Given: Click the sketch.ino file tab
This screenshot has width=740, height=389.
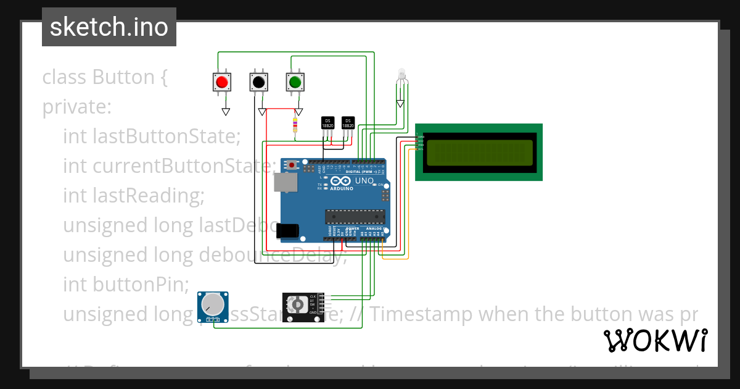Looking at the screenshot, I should coord(109,27).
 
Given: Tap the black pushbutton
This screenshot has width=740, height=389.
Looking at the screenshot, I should coord(258,82).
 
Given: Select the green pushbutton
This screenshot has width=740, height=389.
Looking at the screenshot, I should coord(295,82).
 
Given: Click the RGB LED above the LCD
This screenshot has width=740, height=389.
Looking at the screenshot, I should coord(401,75).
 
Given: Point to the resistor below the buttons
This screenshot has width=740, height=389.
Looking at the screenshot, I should coord(295,125).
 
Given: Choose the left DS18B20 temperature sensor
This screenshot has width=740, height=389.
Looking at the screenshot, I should coord(328,123).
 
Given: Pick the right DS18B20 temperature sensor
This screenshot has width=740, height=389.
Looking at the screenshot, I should coord(348,123).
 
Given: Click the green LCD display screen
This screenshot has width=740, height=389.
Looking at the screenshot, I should coord(479,153).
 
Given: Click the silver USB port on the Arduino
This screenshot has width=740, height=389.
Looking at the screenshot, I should coord(284,182).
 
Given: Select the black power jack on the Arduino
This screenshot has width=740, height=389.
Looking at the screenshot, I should coord(288,230).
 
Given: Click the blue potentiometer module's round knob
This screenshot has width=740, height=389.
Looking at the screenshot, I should coord(211,304).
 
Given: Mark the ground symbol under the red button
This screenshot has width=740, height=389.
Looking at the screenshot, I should coord(226,112).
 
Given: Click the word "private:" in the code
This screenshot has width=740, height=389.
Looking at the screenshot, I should coord(77,107).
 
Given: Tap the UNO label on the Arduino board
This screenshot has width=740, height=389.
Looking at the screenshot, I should coord(364,181).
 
